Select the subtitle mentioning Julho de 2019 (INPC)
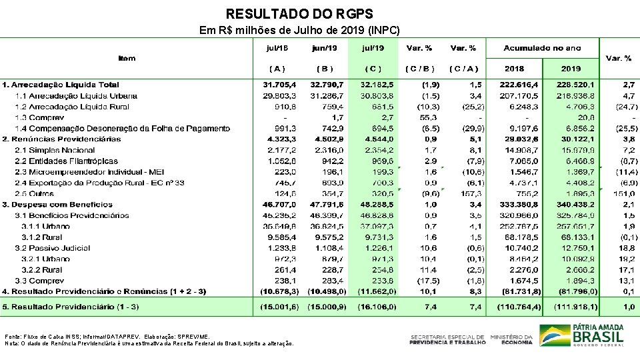click(x=300, y=31)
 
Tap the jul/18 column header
click(x=277, y=48)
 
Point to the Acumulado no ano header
click(x=542, y=48)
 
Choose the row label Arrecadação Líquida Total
click(x=61, y=85)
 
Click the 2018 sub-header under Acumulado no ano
click(x=514, y=68)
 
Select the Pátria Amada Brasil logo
click(x=581, y=335)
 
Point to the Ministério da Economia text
click(x=511, y=339)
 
